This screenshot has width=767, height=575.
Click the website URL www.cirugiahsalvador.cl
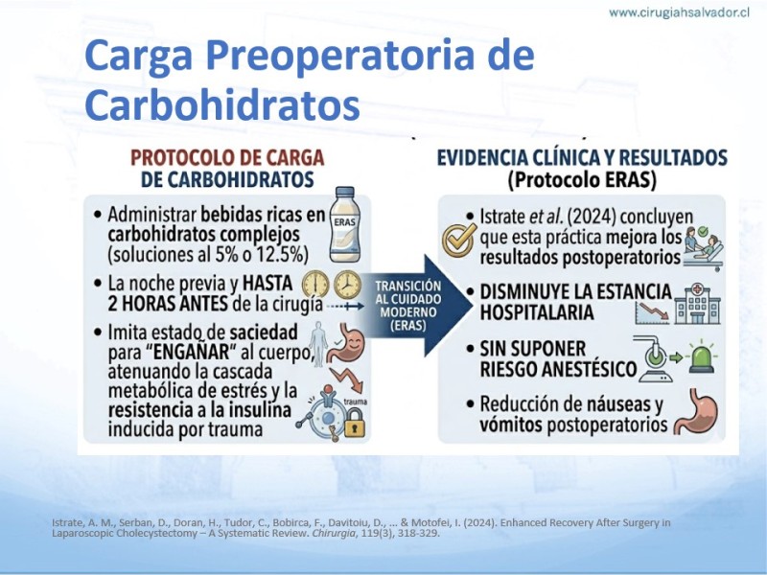pos(679,13)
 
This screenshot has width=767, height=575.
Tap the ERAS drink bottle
pos(345,224)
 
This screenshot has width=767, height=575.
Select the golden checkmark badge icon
pos(459,241)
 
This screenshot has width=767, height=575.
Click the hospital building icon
pos(697,304)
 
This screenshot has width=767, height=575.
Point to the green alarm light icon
pos(702,356)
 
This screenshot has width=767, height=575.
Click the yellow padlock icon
pos(355,423)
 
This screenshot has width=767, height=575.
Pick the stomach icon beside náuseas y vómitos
pos(696,412)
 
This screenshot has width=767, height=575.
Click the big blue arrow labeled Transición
pos(416,306)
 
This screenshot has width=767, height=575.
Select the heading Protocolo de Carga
pos(227,158)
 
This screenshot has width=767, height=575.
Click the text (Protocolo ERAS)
pos(582,180)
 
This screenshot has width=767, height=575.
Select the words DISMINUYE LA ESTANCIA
pos(576,292)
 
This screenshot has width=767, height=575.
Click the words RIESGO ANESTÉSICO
pos(558,369)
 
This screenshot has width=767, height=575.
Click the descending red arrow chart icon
pos(652,312)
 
